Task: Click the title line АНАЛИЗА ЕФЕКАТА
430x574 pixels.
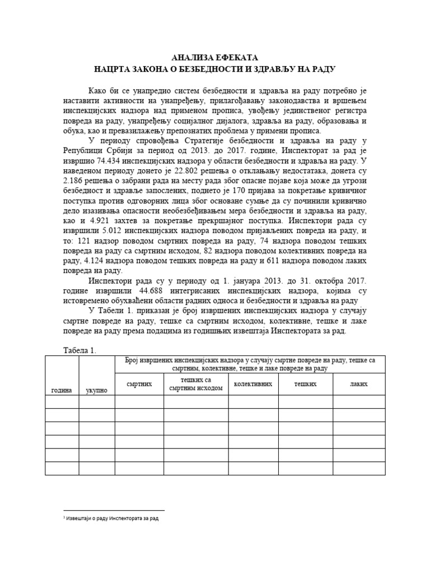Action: click(215, 58)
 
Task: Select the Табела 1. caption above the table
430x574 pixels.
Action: click(79, 350)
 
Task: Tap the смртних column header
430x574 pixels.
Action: click(139, 384)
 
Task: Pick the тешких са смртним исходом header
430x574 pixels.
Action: click(196, 385)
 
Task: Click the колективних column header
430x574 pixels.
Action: click(253, 384)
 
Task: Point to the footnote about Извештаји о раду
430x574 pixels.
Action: click(112, 519)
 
